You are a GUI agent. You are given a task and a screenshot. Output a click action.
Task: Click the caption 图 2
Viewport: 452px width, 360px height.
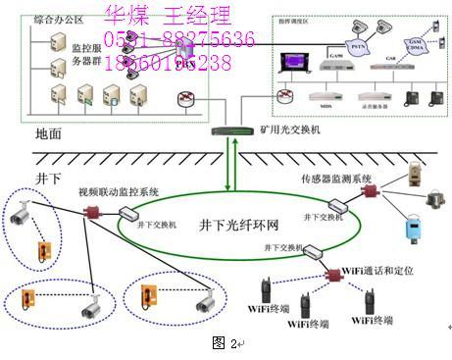click(225, 343)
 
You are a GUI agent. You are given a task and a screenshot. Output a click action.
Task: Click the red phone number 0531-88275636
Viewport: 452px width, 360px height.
click(179, 39)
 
